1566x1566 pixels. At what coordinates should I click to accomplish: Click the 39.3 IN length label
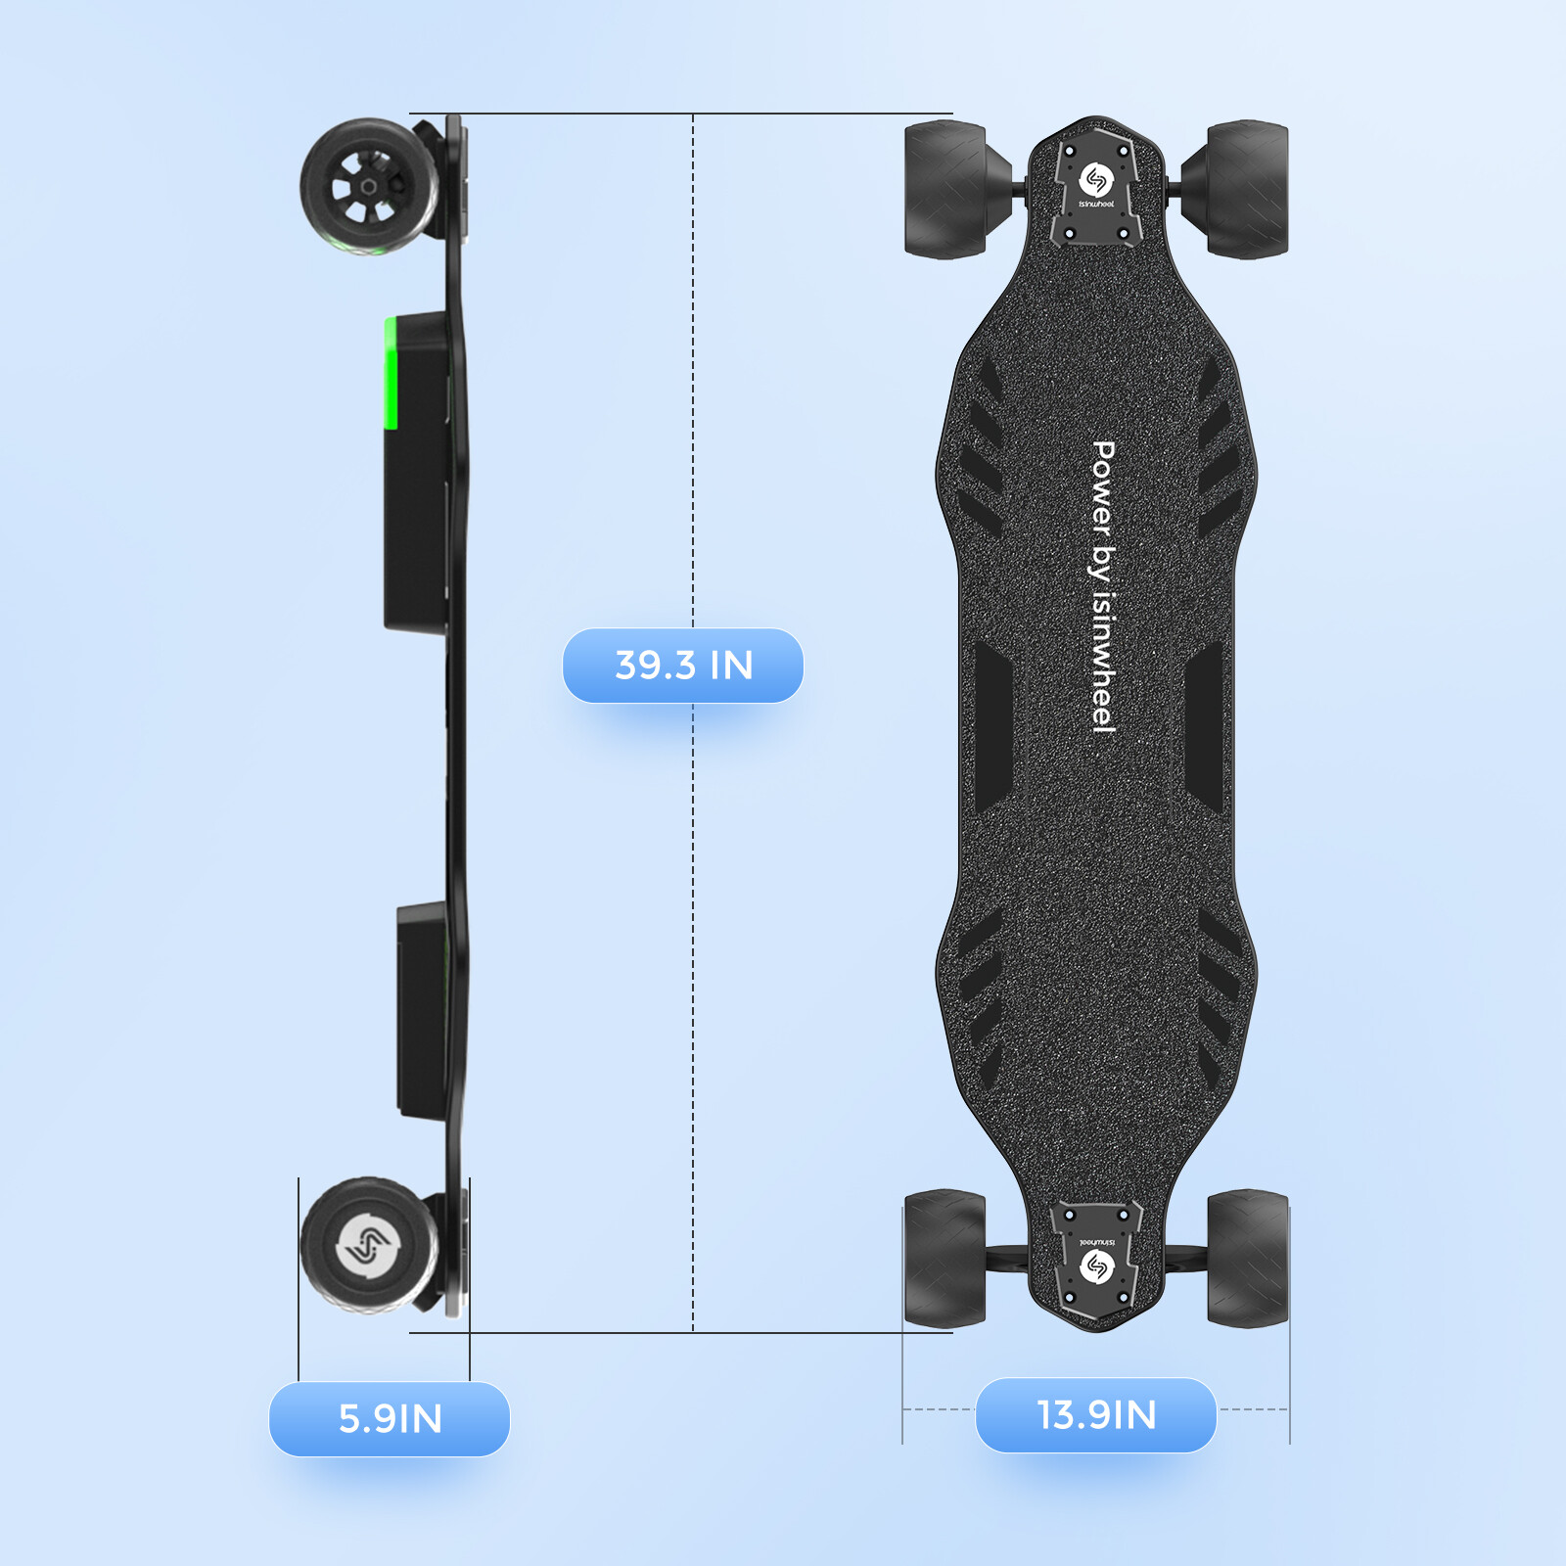pos(683,666)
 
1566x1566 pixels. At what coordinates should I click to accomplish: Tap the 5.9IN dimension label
pos(390,1418)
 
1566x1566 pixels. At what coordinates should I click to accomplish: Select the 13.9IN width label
pos(1096,1414)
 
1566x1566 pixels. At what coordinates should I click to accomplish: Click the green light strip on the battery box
pos(391,373)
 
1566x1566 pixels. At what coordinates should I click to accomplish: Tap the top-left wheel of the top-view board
pos(945,190)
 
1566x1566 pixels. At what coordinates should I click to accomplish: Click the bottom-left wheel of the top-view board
pos(945,1259)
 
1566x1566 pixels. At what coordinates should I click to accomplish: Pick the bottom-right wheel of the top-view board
pos(1247,1259)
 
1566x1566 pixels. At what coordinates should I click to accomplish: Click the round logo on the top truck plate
pos(1096,180)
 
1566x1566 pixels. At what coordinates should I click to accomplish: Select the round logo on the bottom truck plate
pos(1096,1267)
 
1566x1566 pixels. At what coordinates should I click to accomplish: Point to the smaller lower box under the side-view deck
pos(423,1008)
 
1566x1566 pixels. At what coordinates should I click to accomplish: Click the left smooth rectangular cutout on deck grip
pos(992,726)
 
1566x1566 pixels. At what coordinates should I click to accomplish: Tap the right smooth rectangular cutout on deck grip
pos(1204,726)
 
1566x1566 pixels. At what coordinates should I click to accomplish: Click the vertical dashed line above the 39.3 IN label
pos(693,372)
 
